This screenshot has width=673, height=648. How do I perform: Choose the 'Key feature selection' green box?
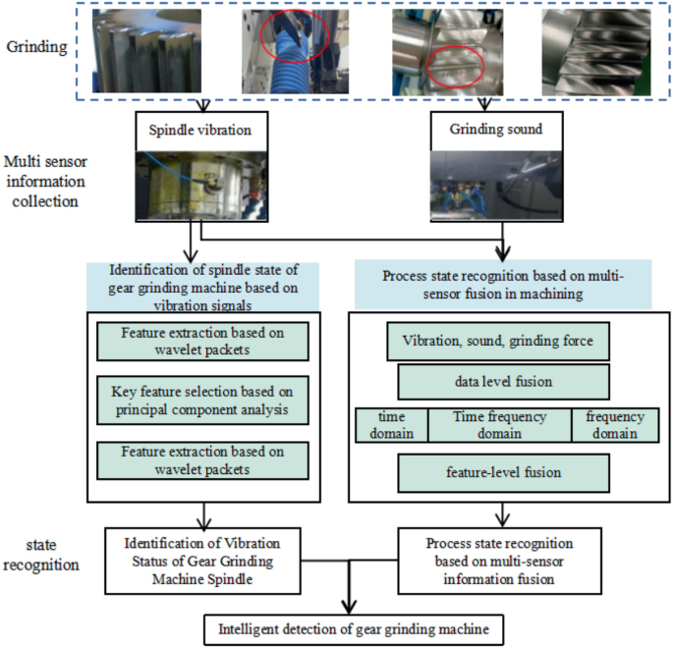click(202, 401)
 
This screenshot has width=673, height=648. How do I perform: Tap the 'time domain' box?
click(390, 425)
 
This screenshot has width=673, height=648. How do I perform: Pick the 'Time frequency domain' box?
click(499, 425)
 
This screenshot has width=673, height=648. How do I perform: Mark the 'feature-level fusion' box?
click(504, 472)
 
